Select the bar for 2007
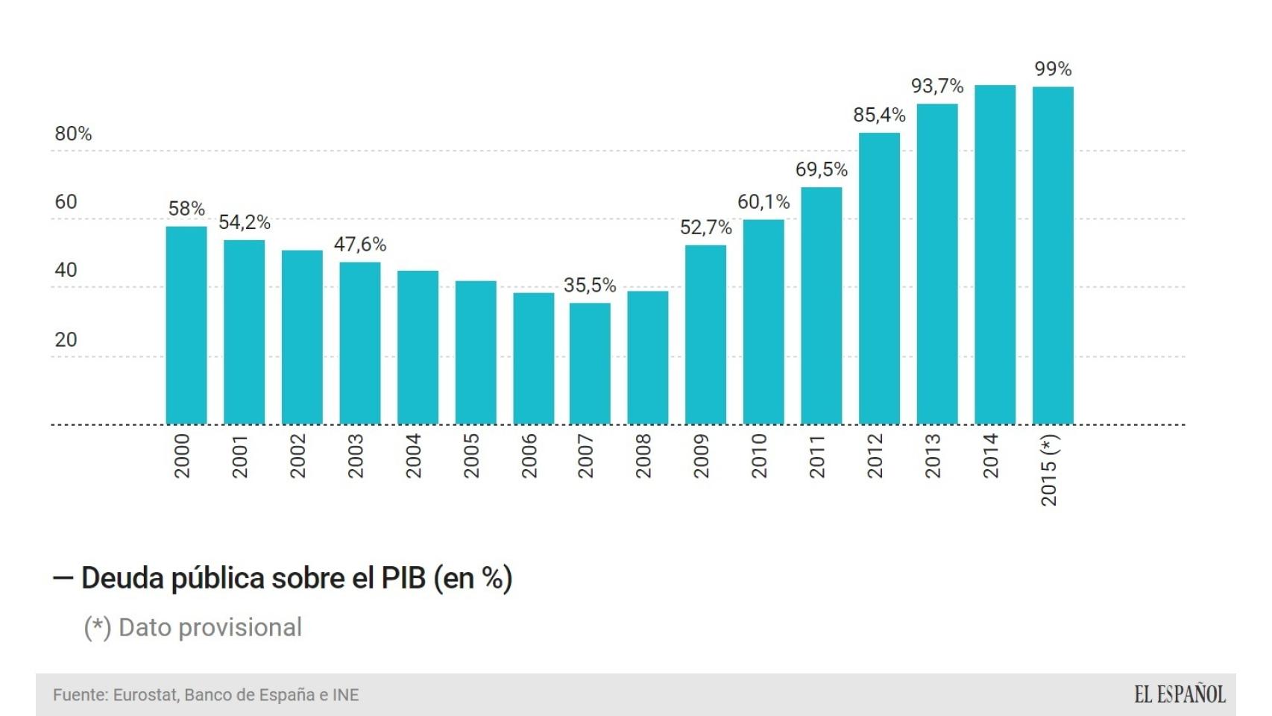pyautogui.click(x=590, y=363)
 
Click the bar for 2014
pyautogui.click(x=995, y=254)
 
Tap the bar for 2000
pyautogui.click(x=186, y=325)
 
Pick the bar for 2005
pyautogui.click(x=476, y=352)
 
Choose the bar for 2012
pyautogui.click(x=879, y=278)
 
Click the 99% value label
pyautogui.click(x=1053, y=69)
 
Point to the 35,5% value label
pyautogui.click(x=590, y=286)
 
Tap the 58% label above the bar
pyautogui.click(x=186, y=209)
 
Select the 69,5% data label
pyautogui.click(x=822, y=170)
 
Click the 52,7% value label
pyautogui.click(x=705, y=227)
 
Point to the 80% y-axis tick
pyautogui.click(x=73, y=134)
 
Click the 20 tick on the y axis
pyautogui.click(x=66, y=340)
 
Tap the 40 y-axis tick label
pyautogui.click(x=66, y=270)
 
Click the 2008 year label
pyautogui.click(x=643, y=456)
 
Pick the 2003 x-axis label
pyautogui.click(x=355, y=456)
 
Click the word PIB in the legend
pyautogui.click(x=403, y=579)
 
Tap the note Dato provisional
pyautogui.click(x=210, y=628)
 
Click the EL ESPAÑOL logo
pyautogui.click(x=1180, y=695)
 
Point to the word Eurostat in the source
pyautogui.click(x=145, y=695)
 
